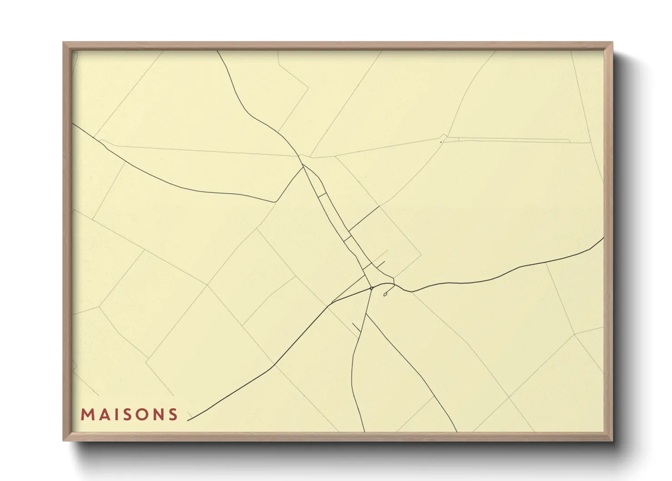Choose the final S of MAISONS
click(173, 415)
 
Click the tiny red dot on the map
click(441, 142)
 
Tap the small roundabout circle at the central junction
click(371, 288)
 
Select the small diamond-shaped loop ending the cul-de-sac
click(385, 295)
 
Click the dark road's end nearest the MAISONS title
click(188, 420)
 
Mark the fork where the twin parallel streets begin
click(303, 166)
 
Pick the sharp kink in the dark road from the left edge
click(275, 201)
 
